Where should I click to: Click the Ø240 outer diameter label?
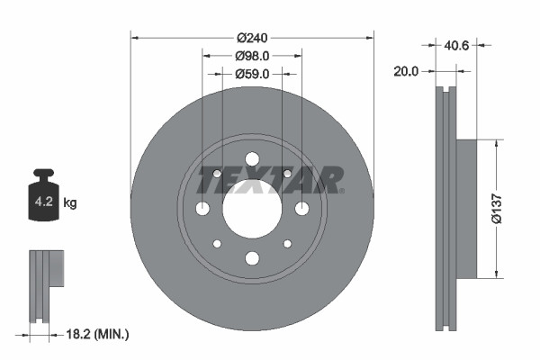click(252, 38)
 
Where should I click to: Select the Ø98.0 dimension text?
click(252, 56)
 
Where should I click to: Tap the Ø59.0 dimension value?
click(252, 74)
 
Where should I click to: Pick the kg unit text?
click(70, 203)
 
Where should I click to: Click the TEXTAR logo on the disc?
click(270, 180)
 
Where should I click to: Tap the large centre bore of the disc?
click(252, 209)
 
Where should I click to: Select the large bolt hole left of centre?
click(202, 209)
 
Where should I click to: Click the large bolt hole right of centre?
click(301, 209)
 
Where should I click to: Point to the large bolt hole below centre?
click(252, 258)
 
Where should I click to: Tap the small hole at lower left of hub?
click(217, 244)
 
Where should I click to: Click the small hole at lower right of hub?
click(287, 244)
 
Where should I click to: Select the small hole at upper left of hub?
click(217, 174)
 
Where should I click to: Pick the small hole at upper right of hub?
click(287, 174)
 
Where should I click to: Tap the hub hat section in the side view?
click(465, 209)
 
